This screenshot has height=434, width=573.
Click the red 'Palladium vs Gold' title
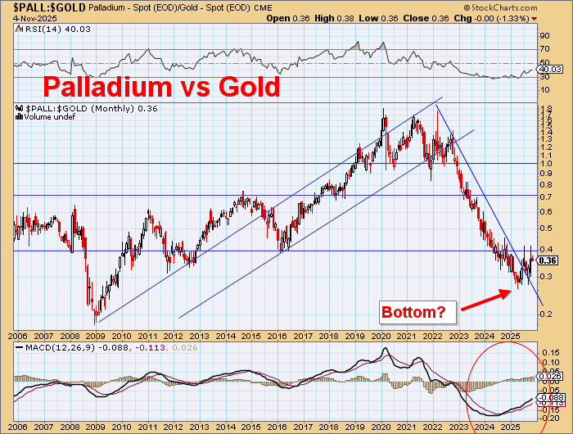click(160, 86)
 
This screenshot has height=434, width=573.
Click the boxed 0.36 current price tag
click(549, 260)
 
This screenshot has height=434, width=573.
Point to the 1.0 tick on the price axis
click(544, 164)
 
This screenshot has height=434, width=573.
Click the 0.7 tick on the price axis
click(544, 197)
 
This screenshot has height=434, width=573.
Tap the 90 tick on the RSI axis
click(543, 36)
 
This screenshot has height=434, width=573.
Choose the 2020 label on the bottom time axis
click(381, 336)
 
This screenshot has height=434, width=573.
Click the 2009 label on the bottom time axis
click(96, 336)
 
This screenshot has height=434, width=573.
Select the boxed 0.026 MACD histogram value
click(549, 377)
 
